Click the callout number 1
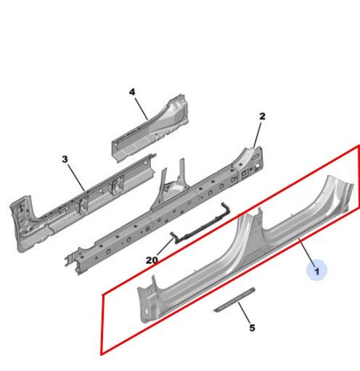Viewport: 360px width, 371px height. tap(316, 271)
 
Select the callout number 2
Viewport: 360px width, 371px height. tap(262, 116)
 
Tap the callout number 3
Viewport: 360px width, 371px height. tap(65, 159)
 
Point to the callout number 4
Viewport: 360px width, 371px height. tap(132, 92)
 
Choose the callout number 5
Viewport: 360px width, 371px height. tap(252, 328)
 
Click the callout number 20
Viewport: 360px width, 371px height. tap(152, 260)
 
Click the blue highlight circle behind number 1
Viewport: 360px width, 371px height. tap(316, 270)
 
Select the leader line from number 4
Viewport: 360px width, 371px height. tap(142, 108)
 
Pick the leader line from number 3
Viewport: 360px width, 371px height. tap(76, 178)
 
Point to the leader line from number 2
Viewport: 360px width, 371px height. tap(257, 135)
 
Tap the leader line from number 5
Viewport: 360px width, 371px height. tap(244, 313)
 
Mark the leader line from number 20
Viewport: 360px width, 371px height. tap(165, 247)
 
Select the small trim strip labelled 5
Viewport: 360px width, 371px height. tap(234, 299)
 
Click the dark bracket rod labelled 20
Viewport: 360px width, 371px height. tap(200, 224)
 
